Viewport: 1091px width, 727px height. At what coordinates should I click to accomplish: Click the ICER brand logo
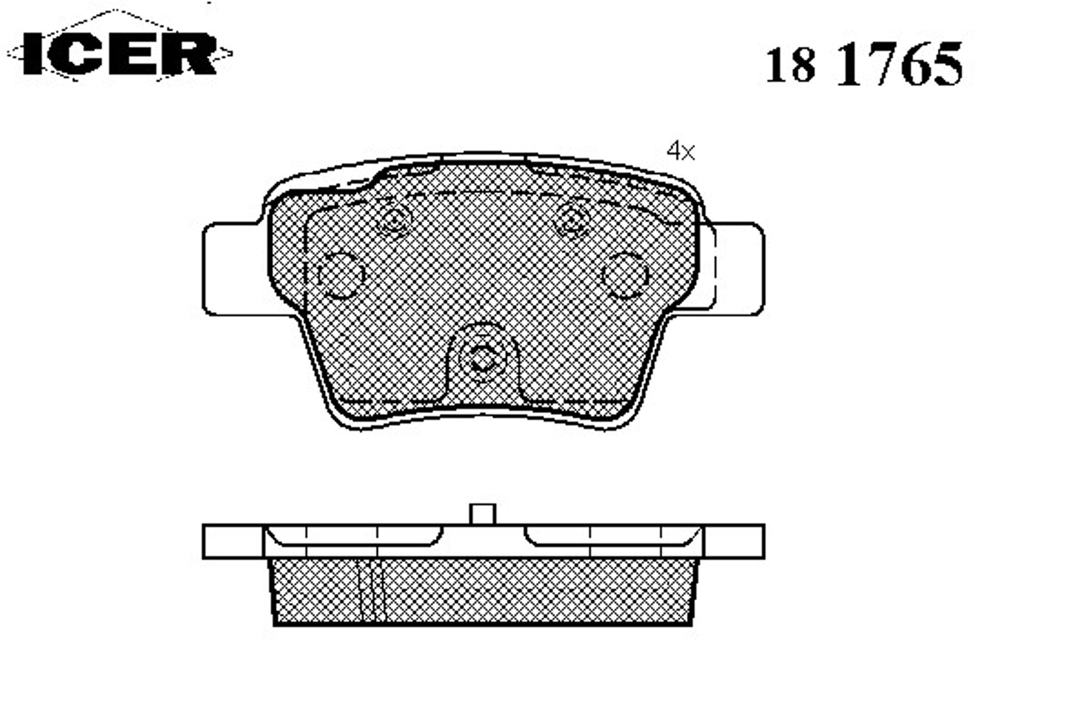[119, 53]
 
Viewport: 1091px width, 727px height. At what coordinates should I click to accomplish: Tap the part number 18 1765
[864, 64]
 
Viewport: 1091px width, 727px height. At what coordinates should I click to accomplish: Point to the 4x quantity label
[681, 151]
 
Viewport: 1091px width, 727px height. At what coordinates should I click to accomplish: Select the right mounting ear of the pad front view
[737, 269]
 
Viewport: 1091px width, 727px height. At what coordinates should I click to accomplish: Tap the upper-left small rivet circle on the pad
[394, 221]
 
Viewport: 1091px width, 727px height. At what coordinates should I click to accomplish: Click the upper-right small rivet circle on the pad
[573, 221]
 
